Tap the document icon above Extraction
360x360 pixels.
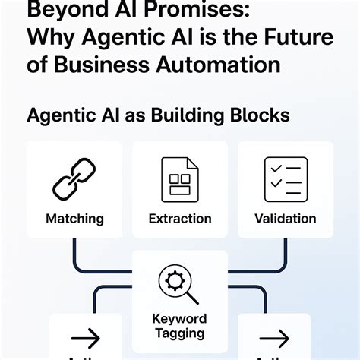coord(179,179)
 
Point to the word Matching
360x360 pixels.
coord(74,219)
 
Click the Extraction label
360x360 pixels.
coord(180,219)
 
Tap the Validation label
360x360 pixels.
coord(285,219)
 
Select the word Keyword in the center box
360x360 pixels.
coord(179,319)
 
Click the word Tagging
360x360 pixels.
coord(179,333)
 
